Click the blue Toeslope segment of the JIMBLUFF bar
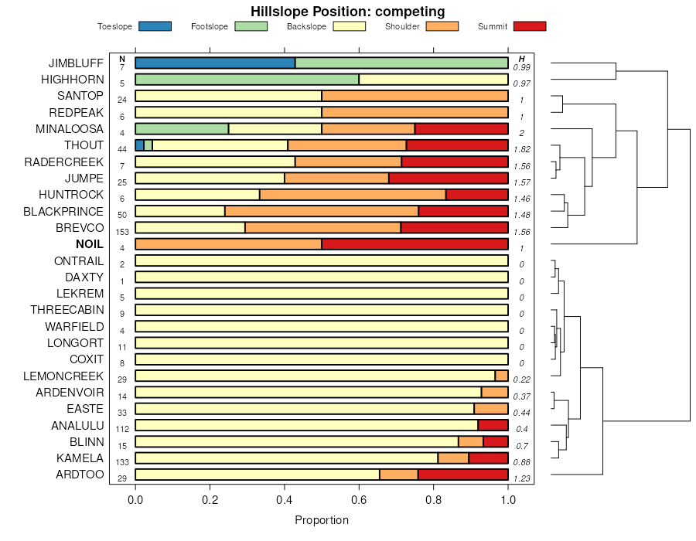coord(215,63)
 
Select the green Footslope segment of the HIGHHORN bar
coord(247,79)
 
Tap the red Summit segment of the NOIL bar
coord(415,244)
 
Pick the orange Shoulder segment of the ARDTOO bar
coord(399,475)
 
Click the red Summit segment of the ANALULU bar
coord(493,425)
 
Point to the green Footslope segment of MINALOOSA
coord(182,128)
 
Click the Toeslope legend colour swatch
coord(155,26)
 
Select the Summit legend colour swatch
coord(530,26)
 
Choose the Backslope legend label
coord(306,26)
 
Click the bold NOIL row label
coord(90,244)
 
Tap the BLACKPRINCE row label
coord(63,211)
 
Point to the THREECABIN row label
coord(67,310)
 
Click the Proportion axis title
coord(322,520)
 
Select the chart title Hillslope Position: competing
coord(347,11)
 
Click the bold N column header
coord(122,59)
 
